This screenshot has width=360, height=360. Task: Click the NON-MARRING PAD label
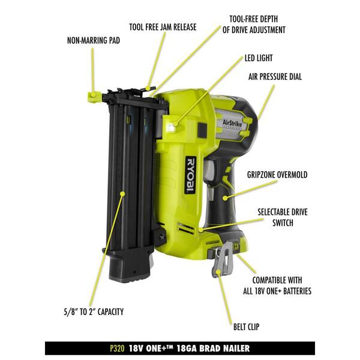pos(93,42)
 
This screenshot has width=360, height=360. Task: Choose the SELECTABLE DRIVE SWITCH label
pos(283,217)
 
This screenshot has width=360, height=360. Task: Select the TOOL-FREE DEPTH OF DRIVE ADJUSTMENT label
pos(258,24)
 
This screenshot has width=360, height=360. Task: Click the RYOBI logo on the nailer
pos(190,175)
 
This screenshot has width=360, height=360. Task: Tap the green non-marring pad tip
pos(93,95)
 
